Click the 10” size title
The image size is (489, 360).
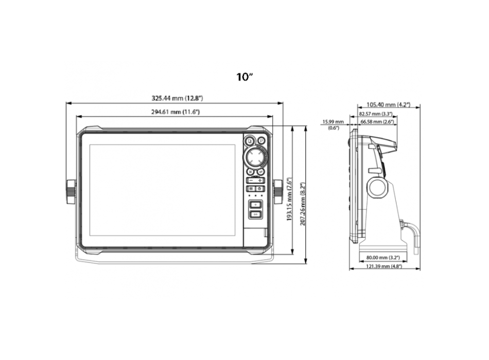coord(244,77)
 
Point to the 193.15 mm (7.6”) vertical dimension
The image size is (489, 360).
coord(290,205)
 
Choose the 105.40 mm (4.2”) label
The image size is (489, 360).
coord(389,104)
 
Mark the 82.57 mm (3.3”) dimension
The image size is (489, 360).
coord(376,113)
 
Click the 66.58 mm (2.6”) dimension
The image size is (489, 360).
coord(377,122)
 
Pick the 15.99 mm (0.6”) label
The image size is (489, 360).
coord(333,124)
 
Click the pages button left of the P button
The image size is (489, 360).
coord(250,139)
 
